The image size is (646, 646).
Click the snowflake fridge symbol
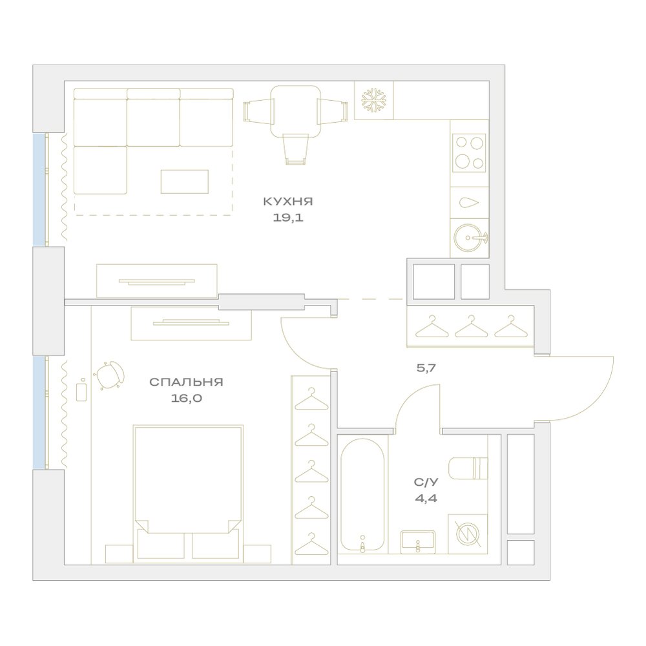click(x=373, y=100)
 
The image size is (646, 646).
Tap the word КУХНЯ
click(x=288, y=202)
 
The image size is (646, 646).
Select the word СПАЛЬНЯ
click(x=186, y=382)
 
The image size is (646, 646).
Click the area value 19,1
click(x=288, y=218)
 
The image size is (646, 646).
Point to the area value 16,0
click(x=187, y=399)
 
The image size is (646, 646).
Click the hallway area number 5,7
click(x=426, y=368)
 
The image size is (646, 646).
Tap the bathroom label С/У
click(x=426, y=482)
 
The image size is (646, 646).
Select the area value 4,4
click(x=426, y=499)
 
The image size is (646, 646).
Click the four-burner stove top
click(x=469, y=153)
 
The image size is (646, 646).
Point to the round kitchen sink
click(x=470, y=237)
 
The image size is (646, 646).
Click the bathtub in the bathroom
click(x=362, y=494)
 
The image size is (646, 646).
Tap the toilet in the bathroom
click(x=468, y=468)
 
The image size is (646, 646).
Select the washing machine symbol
click(x=468, y=534)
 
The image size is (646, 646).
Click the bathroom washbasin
click(x=418, y=542)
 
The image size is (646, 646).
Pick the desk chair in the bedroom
click(x=110, y=374)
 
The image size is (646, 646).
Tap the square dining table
click(x=295, y=111)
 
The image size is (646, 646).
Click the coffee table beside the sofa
click(x=185, y=182)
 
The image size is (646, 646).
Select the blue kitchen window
click(x=39, y=189)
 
